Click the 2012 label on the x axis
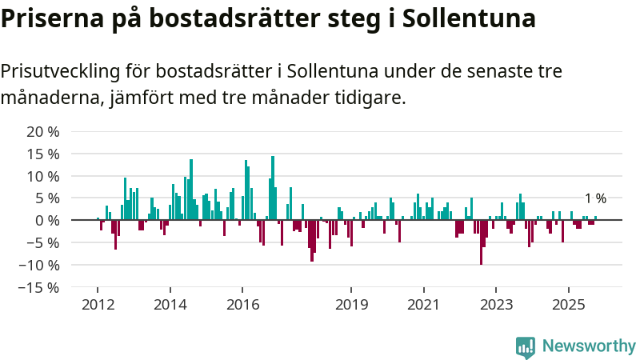coord(98,305)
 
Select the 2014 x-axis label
coord(170,305)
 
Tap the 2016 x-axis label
coord(242,305)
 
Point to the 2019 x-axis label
coord(351,305)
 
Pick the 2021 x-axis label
coord(423,305)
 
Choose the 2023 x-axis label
coord(496,305)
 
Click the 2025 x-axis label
coord(568,305)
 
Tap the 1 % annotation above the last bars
coord(595,199)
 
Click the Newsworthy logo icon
coord(526,346)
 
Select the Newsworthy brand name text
coord(589,346)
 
